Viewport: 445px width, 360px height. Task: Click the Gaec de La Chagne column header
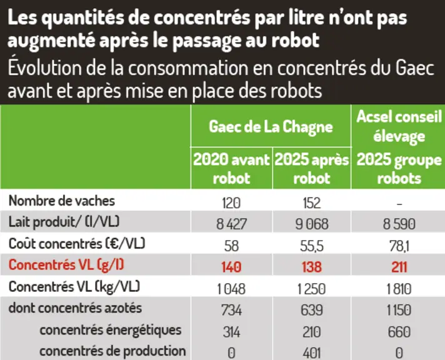click(x=271, y=127)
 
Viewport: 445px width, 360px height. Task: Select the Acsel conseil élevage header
click(x=399, y=126)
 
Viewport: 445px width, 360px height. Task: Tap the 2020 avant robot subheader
click(x=231, y=169)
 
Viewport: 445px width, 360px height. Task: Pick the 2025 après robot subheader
click(x=312, y=169)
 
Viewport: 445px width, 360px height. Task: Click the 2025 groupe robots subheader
click(x=399, y=169)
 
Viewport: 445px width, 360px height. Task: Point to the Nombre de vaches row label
click(x=62, y=201)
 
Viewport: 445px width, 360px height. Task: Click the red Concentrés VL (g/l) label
click(x=66, y=266)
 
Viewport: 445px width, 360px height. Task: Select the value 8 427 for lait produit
click(x=231, y=224)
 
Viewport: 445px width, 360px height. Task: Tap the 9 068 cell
click(x=312, y=224)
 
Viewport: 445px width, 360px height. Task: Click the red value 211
click(x=399, y=267)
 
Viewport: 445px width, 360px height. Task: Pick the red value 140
click(x=231, y=267)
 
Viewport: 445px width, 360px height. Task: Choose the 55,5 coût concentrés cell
click(x=312, y=246)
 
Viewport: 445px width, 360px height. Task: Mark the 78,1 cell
click(x=399, y=246)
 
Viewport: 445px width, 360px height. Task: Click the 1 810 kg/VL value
click(x=399, y=289)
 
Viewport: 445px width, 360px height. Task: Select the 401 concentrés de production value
click(x=312, y=354)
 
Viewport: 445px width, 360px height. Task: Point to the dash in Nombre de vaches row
click(x=399, y=204)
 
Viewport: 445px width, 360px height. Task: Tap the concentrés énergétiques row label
click(x=111, y=330)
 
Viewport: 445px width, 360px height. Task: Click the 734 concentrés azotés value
click(x=231, y=310)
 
